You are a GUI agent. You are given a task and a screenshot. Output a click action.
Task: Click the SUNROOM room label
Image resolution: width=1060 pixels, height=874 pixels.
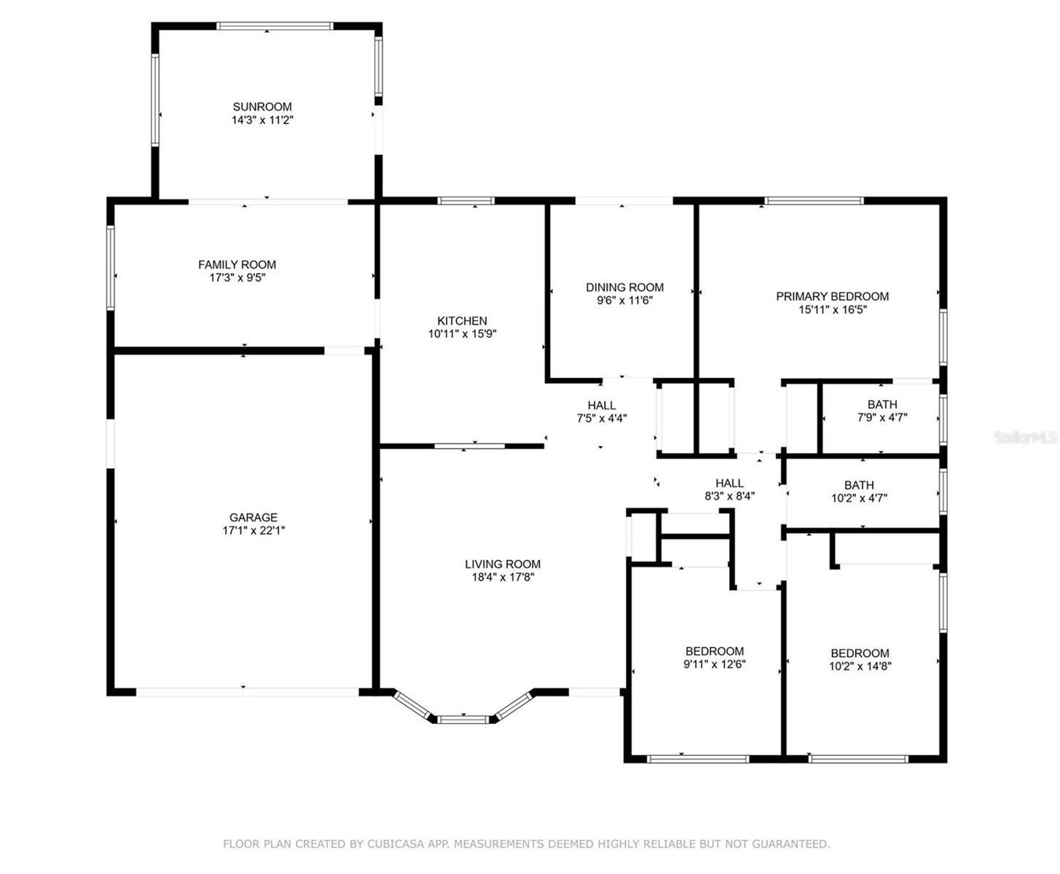(x=262, y=106)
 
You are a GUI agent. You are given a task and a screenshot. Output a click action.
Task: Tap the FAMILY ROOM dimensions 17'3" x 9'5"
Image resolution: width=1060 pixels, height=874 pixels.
(x=237, y=277)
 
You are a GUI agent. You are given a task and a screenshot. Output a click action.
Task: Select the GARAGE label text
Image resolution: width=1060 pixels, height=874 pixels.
(x=254, y=517)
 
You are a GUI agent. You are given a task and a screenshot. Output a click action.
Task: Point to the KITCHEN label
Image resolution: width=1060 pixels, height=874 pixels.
(x=462, y=320)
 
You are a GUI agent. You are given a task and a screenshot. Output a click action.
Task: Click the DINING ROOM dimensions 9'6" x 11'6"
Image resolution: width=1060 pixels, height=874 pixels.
(x=624, y=300)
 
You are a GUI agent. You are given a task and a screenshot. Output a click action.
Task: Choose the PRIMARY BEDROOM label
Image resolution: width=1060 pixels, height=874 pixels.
(x=832, y=296)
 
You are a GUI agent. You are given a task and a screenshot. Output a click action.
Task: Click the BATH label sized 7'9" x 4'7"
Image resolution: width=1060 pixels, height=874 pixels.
(x=882, y=404)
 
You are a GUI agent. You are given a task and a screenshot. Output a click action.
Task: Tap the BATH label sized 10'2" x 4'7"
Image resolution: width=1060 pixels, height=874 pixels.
(x=859, y=485)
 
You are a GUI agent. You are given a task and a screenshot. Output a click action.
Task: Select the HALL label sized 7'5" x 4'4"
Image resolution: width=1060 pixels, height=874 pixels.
(x=602, y=405)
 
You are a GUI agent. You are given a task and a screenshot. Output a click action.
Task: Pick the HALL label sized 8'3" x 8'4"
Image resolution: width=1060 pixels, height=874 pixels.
(x=729, y=483)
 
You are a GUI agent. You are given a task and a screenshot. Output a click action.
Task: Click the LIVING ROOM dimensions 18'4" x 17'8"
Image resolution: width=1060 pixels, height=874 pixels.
(x=503, y=577)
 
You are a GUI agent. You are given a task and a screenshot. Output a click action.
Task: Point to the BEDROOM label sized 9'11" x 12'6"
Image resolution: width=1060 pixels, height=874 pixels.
(x=715, y=651)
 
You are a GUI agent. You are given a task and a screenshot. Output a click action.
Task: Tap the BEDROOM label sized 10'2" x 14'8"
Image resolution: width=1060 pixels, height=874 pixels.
(x=860, y=653)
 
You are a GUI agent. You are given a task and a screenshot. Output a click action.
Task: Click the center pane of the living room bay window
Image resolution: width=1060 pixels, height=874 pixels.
(x=463, y=719)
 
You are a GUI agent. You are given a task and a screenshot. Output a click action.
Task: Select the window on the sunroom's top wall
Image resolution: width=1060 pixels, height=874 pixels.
(x=275, y=26)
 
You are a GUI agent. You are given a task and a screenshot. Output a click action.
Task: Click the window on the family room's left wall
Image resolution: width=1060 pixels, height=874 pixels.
(x=111, y=268)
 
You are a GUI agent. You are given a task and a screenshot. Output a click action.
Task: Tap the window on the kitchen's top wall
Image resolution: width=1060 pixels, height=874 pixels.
(x=466, y=201)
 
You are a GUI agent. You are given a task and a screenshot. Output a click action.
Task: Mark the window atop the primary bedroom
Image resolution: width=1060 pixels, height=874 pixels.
(x=813, y=201)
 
